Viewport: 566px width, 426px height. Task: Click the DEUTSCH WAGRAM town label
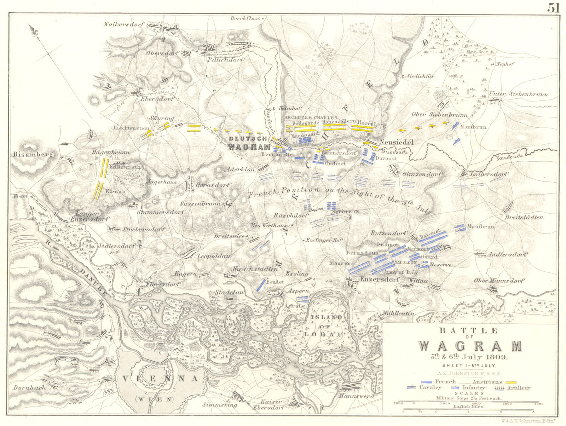point(249,143)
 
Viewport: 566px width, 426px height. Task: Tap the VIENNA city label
point(160,379)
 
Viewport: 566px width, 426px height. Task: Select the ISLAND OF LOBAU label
point(327,325)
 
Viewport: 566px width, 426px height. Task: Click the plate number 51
point(554,8)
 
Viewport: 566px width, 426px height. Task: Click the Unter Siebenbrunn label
point(519,94)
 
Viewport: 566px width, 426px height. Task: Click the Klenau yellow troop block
point(98,191)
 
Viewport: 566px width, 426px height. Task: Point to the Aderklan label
point(239,169)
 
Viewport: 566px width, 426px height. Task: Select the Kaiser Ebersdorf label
point(271,404)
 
